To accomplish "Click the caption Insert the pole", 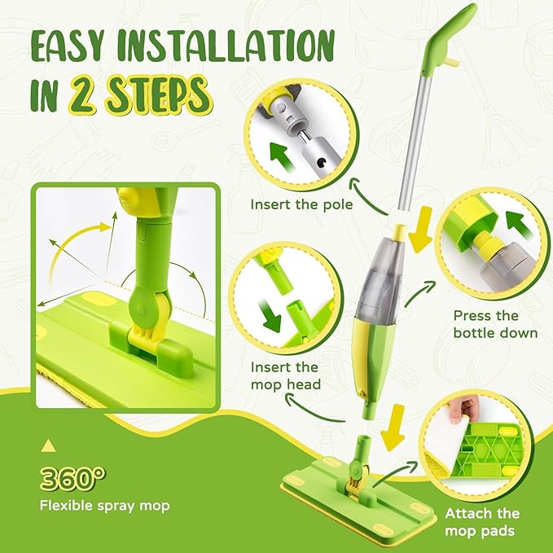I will (302, 204).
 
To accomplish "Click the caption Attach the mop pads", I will (482, 522).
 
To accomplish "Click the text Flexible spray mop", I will (105, 506).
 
